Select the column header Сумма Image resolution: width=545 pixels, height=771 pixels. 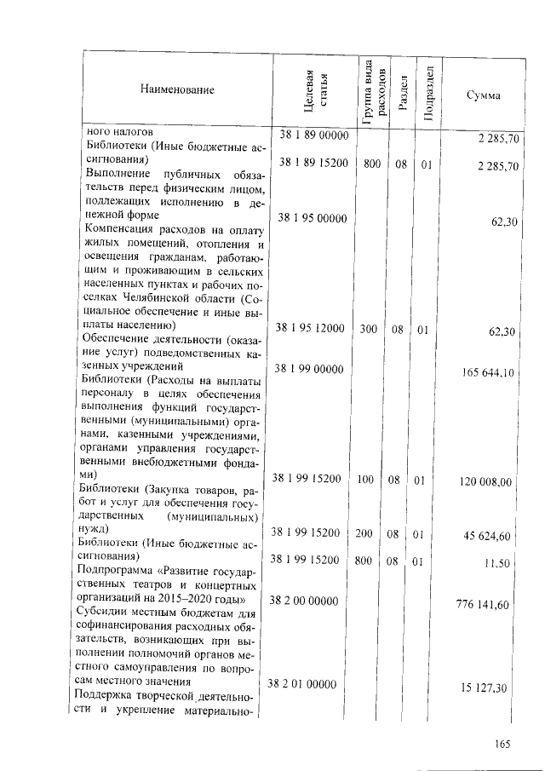483,95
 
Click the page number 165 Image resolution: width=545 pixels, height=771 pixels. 501,744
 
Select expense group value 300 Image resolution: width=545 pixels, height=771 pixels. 367,328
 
